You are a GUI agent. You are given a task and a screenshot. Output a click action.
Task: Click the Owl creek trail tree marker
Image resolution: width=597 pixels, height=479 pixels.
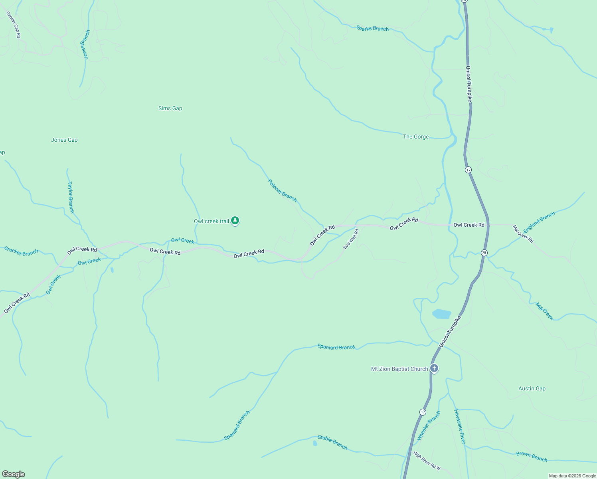pyautogui.click(x=235, y=221)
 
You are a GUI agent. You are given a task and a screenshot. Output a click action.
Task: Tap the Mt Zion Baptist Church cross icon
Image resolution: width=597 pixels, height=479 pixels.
pyautogui.click(x=434, y=368)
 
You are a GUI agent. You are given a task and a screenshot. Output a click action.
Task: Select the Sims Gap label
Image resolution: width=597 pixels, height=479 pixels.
pyautogui.click(x=170, y=108)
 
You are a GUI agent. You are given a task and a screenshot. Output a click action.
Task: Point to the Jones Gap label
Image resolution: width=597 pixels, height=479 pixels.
pyautogui.click(x=64, y=140)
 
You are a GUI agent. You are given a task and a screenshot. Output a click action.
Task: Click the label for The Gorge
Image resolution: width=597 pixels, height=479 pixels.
pyautogui.click(x=416, y=137)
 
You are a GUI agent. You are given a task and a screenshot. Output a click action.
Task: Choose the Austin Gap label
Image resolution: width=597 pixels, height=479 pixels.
pyautogui.click(x=532, y=388)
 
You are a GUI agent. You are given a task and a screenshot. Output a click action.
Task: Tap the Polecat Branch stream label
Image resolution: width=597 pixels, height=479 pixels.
pyautogui.click(x=283, y=191)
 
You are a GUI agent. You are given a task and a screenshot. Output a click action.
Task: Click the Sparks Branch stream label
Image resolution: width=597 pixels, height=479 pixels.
pyautogui.click(x=372, y=28)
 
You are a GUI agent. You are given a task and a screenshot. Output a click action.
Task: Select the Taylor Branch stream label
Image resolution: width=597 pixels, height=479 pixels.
pyautogui.click(x=71, y=197)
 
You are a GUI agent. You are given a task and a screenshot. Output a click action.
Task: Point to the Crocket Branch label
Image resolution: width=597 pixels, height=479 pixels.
pyautogui.click(x=21, y=251)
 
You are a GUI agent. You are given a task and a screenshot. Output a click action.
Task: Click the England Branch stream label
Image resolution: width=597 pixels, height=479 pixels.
pyautogui.click(x=539, y=222)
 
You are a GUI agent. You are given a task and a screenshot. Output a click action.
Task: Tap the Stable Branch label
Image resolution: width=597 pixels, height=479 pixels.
pyautogui.click(x=332, y=442)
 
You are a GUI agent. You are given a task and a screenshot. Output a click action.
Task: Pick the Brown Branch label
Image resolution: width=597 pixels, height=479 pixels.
pyautogui.click(x=532, y=456)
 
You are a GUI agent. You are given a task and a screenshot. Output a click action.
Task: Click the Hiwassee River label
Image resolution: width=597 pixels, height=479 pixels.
pyautogui.click(x=460, y=426)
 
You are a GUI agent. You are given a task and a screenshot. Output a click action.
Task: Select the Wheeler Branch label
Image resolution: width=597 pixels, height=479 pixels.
pyautogui.click(x=429, y=426)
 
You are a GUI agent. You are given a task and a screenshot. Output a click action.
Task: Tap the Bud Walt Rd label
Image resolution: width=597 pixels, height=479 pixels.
pyautogui.click(x=351, y=239)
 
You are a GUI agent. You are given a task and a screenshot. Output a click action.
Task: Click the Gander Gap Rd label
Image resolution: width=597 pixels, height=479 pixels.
pyautogui.click(x=13, y=25)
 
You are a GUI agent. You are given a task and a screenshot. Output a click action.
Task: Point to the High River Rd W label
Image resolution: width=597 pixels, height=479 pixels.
pyautogui.click(x=427, y=461)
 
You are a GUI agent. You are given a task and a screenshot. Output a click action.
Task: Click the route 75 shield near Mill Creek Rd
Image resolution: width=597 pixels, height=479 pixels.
pyautogui.click(x=484, y=253)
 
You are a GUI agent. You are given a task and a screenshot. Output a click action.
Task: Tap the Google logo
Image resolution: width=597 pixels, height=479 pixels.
pyautogui.click(x=14, y=474)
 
